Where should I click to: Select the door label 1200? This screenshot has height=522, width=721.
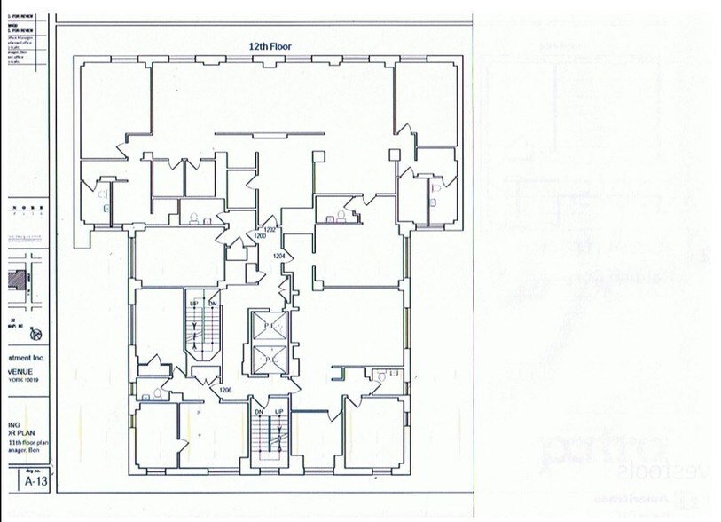[261, 237]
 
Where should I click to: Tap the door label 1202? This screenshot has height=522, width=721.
[270, 229]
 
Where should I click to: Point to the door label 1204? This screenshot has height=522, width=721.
[279, 256]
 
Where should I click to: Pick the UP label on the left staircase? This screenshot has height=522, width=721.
[193, 304]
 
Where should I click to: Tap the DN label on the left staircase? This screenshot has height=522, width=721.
[213, 304]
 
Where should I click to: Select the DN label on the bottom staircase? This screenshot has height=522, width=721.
[259, 412]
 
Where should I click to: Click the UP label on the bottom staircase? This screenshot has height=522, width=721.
[278, 412]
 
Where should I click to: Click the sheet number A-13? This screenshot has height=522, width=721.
[35, 481]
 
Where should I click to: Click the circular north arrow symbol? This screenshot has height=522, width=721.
[36, 335]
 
